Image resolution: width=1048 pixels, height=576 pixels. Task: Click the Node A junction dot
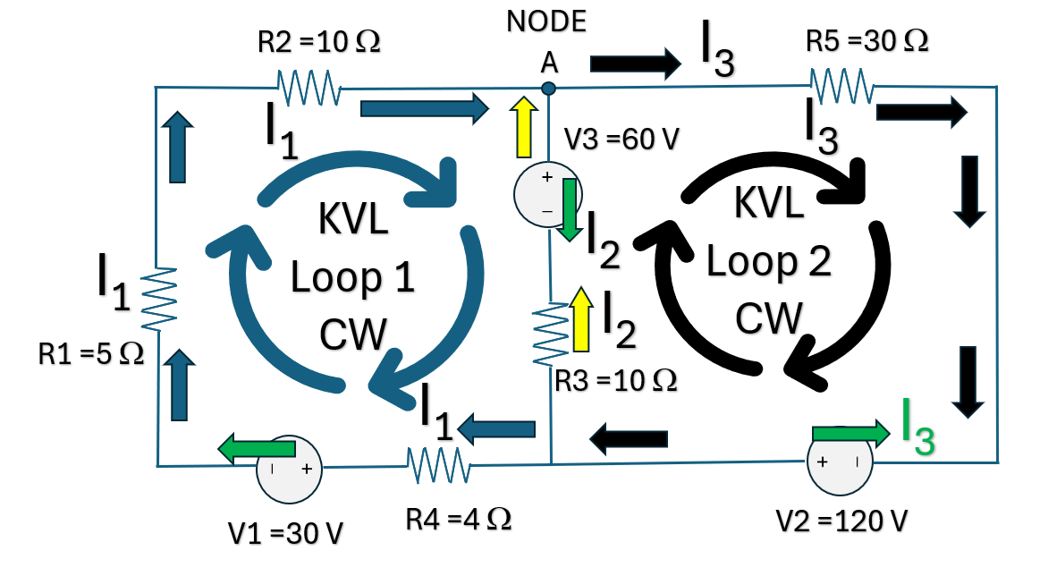[549, 89]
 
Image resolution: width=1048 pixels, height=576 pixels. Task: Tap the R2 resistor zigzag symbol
[308, 89]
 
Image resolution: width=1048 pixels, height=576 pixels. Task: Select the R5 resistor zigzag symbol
[841, 86]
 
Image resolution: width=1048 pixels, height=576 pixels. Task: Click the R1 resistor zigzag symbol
[158, 299]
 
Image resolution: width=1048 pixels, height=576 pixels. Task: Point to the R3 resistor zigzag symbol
[550, 334]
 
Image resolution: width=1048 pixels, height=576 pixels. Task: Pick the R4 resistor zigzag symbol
[438, 465]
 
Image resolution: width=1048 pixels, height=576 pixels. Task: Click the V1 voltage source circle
[290, 469]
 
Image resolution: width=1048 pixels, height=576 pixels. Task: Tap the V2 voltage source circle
[841, 462]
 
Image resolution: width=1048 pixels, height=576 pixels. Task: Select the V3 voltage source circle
[547, 194]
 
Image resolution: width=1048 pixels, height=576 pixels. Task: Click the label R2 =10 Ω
[319, 42]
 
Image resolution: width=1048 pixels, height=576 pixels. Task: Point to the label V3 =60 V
[621, 139]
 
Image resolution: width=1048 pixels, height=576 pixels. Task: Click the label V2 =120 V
[841, 521]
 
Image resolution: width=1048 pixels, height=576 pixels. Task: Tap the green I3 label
[917, 427]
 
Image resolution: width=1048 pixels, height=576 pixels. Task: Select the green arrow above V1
[257, 448]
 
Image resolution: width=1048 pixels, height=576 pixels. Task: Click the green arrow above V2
[851, 433]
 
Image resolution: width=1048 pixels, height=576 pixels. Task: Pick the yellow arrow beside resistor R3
[581, 319]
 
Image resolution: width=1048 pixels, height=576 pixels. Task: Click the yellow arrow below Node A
[524, 127]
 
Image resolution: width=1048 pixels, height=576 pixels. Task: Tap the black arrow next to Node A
[636, 64]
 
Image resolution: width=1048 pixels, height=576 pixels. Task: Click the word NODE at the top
[546, 21]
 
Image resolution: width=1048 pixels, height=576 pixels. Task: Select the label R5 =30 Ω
[866, 41]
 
